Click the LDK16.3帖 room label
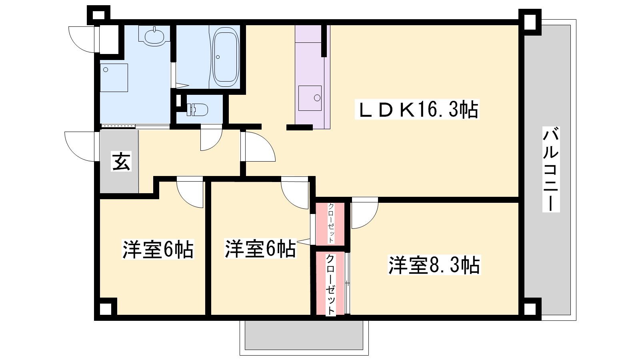coord(417,109)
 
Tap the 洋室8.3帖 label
coord(434,265)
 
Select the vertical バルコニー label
coord(551,169)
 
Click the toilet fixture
coord(197,110)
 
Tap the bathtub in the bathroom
coord(226,57)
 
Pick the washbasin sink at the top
coord(154,36)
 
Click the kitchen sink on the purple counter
coord(310,98)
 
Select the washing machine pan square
coord(114,78)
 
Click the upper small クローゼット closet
coord(330,224)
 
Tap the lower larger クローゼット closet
coord(330,283)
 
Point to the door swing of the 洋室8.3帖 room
coord(365,213)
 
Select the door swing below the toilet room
coord(212,138)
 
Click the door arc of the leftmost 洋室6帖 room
coord(190,192)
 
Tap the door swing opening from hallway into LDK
coord(258,146)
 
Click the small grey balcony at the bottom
coord(304,335)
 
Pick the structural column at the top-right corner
coord(530,22)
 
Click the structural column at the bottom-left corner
coord(106,309)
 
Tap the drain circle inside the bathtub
coord(218,57)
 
